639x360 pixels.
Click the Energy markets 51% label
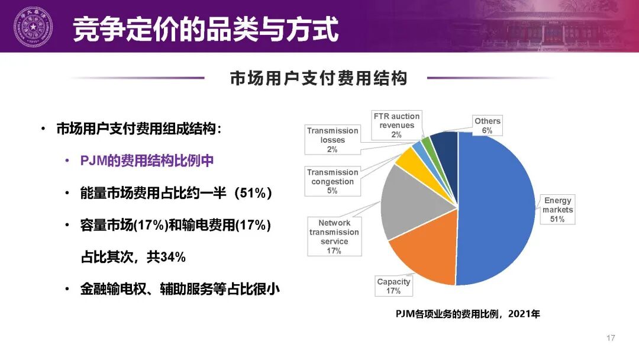pos(558,210)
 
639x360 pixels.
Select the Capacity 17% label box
pos(393,286)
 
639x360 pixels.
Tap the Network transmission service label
pos(334,236)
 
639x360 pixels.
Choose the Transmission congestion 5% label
pos(332,181)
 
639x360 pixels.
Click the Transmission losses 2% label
pos(332,140)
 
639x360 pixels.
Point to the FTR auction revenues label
pos(396,125)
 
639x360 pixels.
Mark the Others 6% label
pos(487,126)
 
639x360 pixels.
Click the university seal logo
pos(33,26)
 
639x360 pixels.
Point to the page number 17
pos(611,338)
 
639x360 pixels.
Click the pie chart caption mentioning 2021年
pos(467,314)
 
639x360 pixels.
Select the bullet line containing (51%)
pos(176,193)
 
